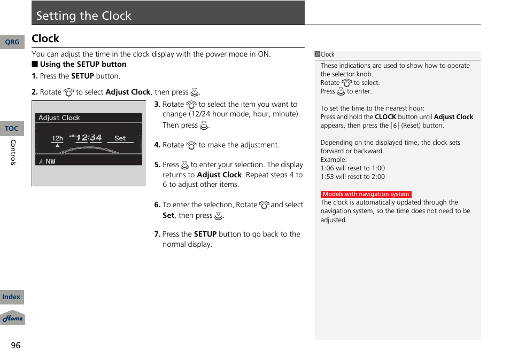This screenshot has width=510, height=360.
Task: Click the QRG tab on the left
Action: [x=12, y=42]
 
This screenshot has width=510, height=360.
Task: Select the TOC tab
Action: [x=12, y=129]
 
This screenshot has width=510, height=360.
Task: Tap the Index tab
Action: [x=12, y=297]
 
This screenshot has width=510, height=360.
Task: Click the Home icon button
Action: [x=12, y=318]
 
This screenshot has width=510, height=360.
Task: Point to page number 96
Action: [x=16, y=346]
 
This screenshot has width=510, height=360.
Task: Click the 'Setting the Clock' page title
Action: [x=84, y=15]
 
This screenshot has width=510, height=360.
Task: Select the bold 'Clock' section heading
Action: [x=45, y=38]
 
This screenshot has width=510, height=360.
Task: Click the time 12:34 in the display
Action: [x=88, y=138]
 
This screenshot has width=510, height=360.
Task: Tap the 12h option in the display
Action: [x=57, y=138]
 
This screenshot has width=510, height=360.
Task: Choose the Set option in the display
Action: [x=120, y=138]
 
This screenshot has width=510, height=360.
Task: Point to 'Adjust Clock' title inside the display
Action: [x=59, y=118]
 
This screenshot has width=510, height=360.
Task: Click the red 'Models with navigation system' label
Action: [x=366, y=194]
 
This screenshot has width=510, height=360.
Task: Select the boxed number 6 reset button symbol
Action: [x=395, y=126]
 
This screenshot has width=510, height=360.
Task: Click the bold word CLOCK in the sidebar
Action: [x=385, y=117]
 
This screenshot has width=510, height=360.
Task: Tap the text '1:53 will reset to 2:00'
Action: [x=352, y=177]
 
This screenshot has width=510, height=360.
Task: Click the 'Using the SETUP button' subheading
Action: [x=83, y=64]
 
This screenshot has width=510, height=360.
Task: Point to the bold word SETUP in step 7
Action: [x=205, y=234]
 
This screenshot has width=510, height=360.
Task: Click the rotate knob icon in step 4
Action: [x=191, y=145]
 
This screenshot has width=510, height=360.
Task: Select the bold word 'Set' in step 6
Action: [x=168, y=216]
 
